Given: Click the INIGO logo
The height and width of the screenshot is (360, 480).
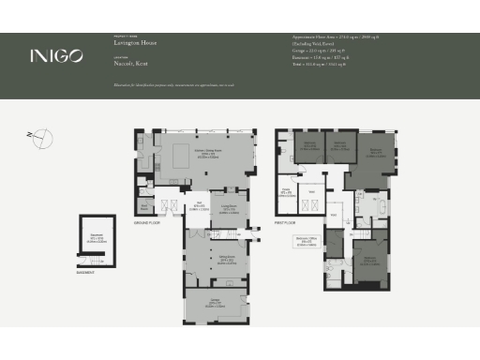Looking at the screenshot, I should tap(56, 55).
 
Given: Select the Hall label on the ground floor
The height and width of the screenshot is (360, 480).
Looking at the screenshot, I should tap(200, 206).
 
